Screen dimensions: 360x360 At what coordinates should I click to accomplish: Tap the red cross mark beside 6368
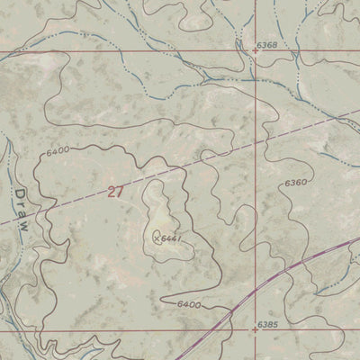click(x=256, y=51)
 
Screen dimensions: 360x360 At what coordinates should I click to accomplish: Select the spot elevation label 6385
click(x=267, y=323)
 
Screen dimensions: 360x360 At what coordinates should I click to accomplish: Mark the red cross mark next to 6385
click(x=256, y=330)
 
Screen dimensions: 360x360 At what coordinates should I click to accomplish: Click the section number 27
click(x=114, y=191)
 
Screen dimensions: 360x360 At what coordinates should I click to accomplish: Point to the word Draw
click(x=21, y=211)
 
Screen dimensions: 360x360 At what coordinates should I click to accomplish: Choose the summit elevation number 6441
click(x=173, y=238)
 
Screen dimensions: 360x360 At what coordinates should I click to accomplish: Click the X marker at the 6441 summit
click(x=158, y=238)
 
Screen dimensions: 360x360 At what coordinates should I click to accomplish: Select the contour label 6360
click(x=295, y=183)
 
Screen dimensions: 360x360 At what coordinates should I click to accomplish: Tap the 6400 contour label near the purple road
click(x=188, y=305)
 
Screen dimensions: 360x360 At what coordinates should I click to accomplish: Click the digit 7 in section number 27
click(x=119, y=191)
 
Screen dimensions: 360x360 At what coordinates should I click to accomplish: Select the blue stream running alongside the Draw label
click(x=7, y=211)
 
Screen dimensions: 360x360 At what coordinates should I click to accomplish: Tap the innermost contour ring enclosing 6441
click(x=148, y=216)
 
